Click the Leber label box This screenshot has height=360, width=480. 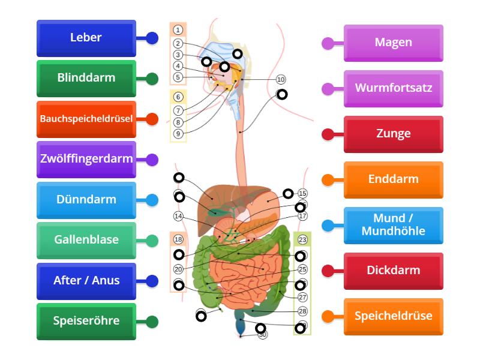click(x=86, y=38)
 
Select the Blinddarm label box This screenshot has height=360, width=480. click(x=86, y=78)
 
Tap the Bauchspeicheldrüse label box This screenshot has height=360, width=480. click(x=86, y=119)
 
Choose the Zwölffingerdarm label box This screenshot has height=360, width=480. click(x=86, y=159)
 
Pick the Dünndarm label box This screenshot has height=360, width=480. click(x=86, y=200)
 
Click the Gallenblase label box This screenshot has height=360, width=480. click(x=86, y=240)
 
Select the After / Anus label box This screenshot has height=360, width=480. click(x=86, y=281)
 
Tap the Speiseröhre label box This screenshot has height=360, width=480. click(x=86, y=321)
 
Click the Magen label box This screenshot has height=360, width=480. click(x=394, y=43)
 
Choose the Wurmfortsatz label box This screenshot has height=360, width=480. click(x=394, y=88)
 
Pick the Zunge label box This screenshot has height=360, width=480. click(x=394, y=134)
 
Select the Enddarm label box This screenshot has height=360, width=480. click(x=394, y=179)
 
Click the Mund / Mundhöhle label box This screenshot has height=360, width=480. click(x=394, y=225)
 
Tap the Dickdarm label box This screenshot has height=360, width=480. click(x=394, y=271)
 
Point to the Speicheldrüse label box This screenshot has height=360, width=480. click(x=394, y=316)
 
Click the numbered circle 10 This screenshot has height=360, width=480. click(x=281, y=80)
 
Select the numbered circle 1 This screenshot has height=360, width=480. click(x=178, y=29)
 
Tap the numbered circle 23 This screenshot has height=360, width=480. click(x=302, y=239)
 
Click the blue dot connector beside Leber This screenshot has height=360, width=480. click(x=152, y=38)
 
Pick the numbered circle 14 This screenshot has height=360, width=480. click(x=178, y=216)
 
